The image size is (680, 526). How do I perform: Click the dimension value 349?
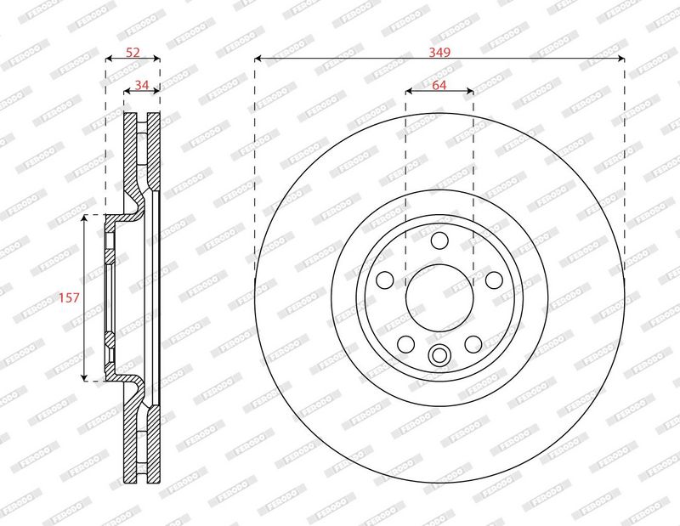pyautogui.click(x=439, y=52)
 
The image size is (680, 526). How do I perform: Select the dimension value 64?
pyautogui.click(x=439, y=85)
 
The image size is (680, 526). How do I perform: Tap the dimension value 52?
pyautogui.click(x=133, y=52)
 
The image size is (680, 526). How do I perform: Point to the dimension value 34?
pyautogui.click(x=141, y=85)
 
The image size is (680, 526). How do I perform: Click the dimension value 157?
pyautogui.click(x=70, y=297)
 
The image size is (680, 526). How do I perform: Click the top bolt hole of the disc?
pyautogui.click(x=439, y=240)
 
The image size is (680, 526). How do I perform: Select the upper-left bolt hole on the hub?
pyautogui.click(x=385, y=280)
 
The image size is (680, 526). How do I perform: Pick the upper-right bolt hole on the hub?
pyautogui.click(x=494, y=280)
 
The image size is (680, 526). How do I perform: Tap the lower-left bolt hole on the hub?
pyautogui.click(x=406, y=344)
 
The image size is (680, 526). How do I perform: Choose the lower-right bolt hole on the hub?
pyautogui.click(x=473, y=344)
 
